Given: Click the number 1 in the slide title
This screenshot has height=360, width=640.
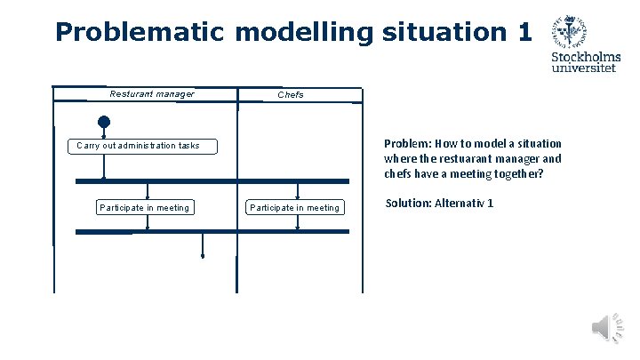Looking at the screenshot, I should click(523, 33).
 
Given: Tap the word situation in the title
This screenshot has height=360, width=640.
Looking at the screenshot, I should click(443, 33).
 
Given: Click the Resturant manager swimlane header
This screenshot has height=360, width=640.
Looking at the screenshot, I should click(151, 94).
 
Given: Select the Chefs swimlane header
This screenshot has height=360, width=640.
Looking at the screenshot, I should click(291, 94).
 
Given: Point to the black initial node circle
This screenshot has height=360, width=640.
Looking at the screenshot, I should click(104, 122).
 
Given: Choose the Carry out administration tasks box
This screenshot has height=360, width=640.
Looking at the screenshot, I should click(143, 146).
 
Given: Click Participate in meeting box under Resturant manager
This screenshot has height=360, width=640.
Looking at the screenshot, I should click(144, 208).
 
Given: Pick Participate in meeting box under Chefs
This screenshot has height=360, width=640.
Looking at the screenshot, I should click(294, 208).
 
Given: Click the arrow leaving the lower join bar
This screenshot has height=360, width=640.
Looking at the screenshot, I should click(203, 245).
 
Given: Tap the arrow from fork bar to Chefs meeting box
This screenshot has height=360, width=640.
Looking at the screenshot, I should click(298, 190).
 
